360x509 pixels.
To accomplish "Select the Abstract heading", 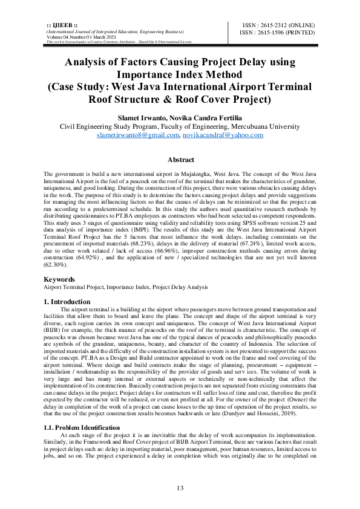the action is point(180,160).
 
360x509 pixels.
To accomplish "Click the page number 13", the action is point(180,488).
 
